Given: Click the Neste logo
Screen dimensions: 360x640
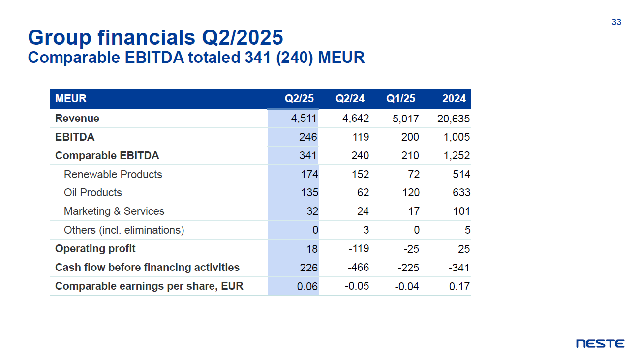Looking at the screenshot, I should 600,344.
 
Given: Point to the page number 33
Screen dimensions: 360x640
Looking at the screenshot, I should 616,22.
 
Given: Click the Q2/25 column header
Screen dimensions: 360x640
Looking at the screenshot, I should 299,98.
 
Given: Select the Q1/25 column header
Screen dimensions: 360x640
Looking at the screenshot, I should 400,98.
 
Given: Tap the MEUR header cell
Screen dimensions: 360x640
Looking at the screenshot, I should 71,98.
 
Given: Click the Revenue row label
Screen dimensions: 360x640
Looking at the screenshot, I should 77,119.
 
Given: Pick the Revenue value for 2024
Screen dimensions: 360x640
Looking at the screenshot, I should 453,119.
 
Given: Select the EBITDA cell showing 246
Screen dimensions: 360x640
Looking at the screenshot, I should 308,137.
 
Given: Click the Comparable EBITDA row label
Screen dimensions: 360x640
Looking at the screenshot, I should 107,156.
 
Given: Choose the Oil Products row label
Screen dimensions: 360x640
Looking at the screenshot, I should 92,193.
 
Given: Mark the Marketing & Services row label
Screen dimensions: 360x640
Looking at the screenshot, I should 114,211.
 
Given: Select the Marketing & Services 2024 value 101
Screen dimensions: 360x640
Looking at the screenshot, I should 461,211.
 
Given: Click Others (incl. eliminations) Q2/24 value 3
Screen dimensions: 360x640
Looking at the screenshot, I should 366,230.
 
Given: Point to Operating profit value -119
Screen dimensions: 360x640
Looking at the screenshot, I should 358,249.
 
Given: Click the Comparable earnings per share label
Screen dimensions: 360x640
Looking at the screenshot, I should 149,286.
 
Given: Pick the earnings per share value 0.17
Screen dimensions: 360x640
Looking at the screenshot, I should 459,286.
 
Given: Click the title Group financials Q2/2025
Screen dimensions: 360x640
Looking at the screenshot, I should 155,37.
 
